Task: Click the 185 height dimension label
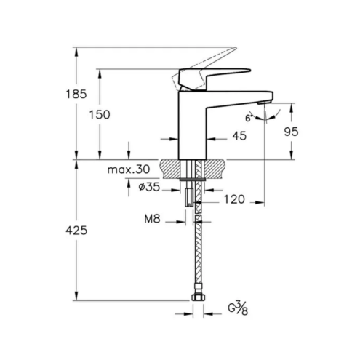[76, 94]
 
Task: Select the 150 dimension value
[100, 114]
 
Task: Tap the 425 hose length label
[76, 231]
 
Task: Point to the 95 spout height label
[291, 132]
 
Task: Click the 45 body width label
[239, 136]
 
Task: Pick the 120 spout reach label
[234, 199]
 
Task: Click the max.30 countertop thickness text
[129, 169]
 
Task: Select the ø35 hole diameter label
[149, 187]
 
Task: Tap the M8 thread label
[153, 219]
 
